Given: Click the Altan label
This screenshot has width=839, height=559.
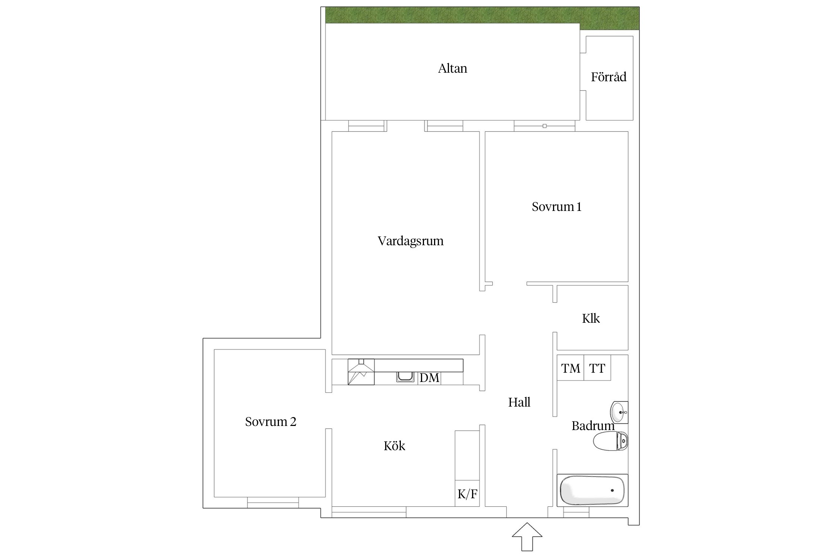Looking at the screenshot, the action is (452, 69).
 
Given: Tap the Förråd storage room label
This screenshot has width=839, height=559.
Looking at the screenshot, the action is (609, 77).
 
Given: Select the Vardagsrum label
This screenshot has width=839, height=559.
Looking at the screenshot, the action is (411, 241).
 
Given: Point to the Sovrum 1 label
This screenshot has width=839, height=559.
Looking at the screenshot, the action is (556, 207).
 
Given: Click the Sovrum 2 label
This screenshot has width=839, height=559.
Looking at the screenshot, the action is (271, 422).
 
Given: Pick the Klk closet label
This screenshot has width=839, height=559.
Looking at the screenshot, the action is (591, 319).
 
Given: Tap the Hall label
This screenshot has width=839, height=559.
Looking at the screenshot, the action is (519, 402).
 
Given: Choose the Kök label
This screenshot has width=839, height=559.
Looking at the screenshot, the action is (394, 446).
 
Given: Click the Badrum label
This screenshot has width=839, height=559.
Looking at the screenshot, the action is (593, 426).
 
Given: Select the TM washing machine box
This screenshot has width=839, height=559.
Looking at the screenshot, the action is (571, 368).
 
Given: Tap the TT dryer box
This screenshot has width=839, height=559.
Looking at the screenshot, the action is (597, 368).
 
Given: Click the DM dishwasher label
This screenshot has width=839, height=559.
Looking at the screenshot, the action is (429, 378).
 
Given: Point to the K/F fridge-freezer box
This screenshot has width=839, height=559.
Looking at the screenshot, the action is (467, 493).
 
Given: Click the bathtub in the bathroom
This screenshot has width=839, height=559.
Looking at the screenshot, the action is (593, 490).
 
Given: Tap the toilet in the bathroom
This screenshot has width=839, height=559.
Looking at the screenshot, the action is (610, 441).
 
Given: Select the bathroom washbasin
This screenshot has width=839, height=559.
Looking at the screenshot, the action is (619, 413).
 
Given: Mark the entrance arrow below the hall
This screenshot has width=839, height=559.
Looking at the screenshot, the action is (527, 537).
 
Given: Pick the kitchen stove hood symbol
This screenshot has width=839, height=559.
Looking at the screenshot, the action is (361, 372).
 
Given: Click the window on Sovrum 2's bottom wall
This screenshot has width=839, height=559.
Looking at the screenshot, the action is (273, 502).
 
